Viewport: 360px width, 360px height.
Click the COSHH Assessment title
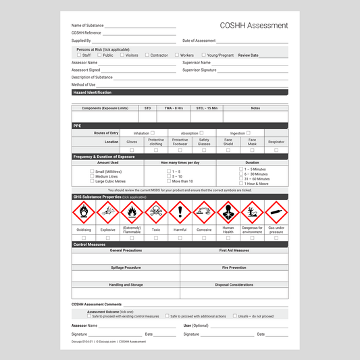(x=253, y=26)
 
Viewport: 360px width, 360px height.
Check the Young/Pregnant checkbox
(x=203, y=55)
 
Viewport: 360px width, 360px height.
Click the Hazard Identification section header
(x=93, y=93)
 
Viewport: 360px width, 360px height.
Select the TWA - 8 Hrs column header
(x=174, y=108)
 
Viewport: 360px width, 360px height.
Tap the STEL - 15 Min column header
(x=207, y=108)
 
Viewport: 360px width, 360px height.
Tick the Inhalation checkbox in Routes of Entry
(x=153, y=133)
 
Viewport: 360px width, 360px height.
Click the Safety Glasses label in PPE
(x=204, y=142)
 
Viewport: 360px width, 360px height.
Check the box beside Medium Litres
(x=92, y=176)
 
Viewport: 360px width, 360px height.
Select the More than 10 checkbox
(x=169, y=181)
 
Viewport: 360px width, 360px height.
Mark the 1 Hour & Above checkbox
(x=241, y=183)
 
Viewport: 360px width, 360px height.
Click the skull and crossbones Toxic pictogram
(x=156, y=213)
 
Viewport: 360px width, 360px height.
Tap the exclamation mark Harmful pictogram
(x=180, y=213)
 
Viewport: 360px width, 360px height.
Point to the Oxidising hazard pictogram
(x=83, y=213)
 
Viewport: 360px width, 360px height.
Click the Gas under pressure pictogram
(x=276, y=213)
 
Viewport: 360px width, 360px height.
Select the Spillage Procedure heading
(x=126, y=267)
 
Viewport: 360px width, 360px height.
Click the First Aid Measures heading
(x=234, y=250)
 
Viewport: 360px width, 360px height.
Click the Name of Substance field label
(x=88, y=26)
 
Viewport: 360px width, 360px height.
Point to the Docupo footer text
(x=108, y=342)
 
